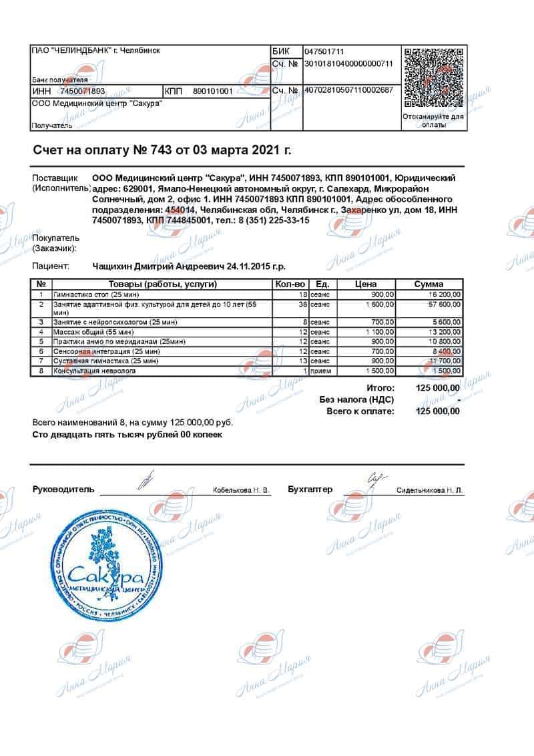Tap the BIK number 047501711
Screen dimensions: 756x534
click(324, 51)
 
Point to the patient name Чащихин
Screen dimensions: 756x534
click(118, 266)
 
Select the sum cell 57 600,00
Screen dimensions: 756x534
click(435, 305)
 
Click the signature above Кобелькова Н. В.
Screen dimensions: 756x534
click(146, 479)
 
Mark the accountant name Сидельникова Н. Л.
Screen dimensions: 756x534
click(429, 490)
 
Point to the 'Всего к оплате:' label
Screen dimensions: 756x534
click(360, 411)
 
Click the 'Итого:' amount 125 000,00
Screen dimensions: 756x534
click(437, 388)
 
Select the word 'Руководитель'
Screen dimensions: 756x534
click(63, 490)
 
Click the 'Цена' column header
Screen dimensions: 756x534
click(366, 284)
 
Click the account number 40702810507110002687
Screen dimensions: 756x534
click(348, 89)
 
